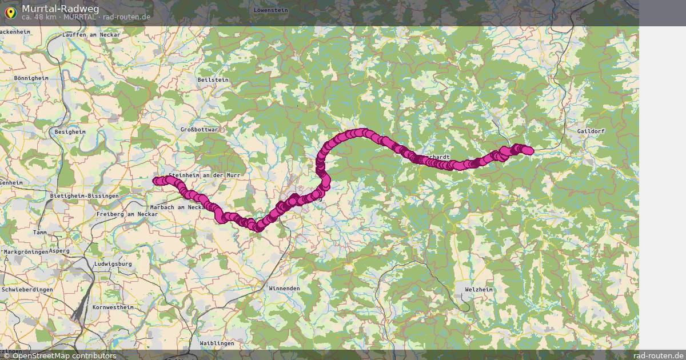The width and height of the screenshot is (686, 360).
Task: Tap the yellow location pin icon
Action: (x=10, y=11)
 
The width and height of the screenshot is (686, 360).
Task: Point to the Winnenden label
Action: (x=284, y=289)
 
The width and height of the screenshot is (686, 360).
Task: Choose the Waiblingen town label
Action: (x=217, y=343)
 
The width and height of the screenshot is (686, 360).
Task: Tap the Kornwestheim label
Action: (x=113, y=307)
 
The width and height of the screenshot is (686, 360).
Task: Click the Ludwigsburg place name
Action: (x=112, y=264)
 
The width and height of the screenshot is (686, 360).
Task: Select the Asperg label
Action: (x=59, y=251)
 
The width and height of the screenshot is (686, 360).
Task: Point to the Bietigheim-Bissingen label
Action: (x=85, y=196)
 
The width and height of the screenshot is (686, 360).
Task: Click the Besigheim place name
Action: (x=70, y=131)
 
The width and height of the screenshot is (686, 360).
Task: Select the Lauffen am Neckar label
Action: (x=91, y=35)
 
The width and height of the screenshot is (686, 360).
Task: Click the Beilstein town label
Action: (x=213, y=80)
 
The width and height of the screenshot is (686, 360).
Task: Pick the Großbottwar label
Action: (x=200, y=130)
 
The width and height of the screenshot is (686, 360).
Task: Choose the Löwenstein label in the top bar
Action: (x=270, y=10)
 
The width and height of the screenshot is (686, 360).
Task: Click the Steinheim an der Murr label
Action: (x=204, y=175)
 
